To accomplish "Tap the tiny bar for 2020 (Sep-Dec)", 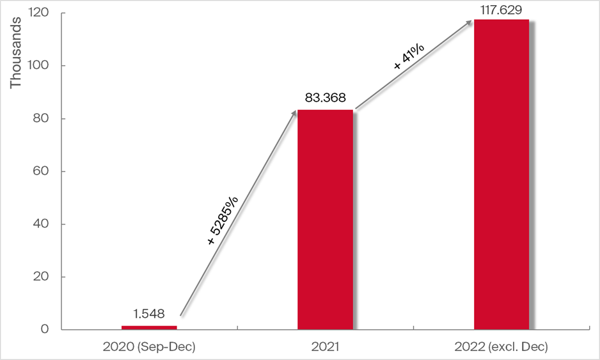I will (149, 327).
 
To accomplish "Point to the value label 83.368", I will (325, 98).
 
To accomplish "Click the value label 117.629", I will (501, 8).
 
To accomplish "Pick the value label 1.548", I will (149, 314).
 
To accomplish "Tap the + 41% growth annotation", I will (405, 58).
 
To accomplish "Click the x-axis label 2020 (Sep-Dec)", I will (148, 347).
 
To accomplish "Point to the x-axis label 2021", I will (325, 347).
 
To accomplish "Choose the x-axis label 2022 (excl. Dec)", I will (501, 347).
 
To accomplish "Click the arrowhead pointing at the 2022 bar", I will (470, 22).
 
